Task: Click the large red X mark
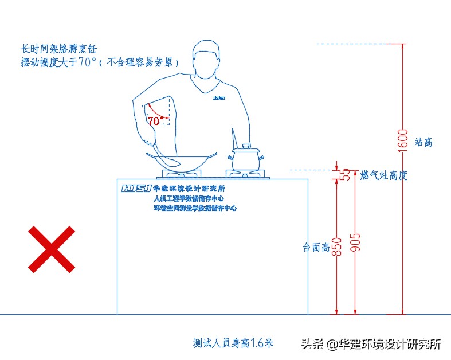click(52, 249)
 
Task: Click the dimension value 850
click(338, 246)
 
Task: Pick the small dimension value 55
click(346, 175)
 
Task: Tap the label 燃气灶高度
click(383, 175)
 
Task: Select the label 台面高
click(316, 248)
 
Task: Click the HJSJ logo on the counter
click(136, 188)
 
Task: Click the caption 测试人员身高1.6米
click(233, 343)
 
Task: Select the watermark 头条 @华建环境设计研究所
click(371, 344)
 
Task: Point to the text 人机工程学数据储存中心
click(189, 198)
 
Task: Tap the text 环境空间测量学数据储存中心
click(195, 208)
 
